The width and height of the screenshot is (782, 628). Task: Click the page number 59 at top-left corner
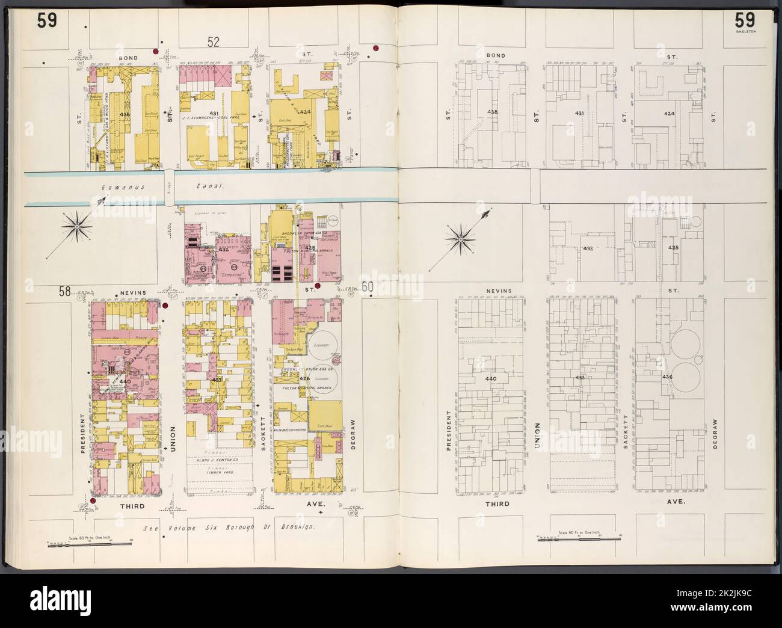[x=47, y=21]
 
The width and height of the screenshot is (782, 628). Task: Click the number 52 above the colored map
[x=214, y=42]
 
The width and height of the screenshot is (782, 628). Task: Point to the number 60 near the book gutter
[x=368, y=289]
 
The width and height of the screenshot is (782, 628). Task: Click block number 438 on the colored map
[x=125, y=114]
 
